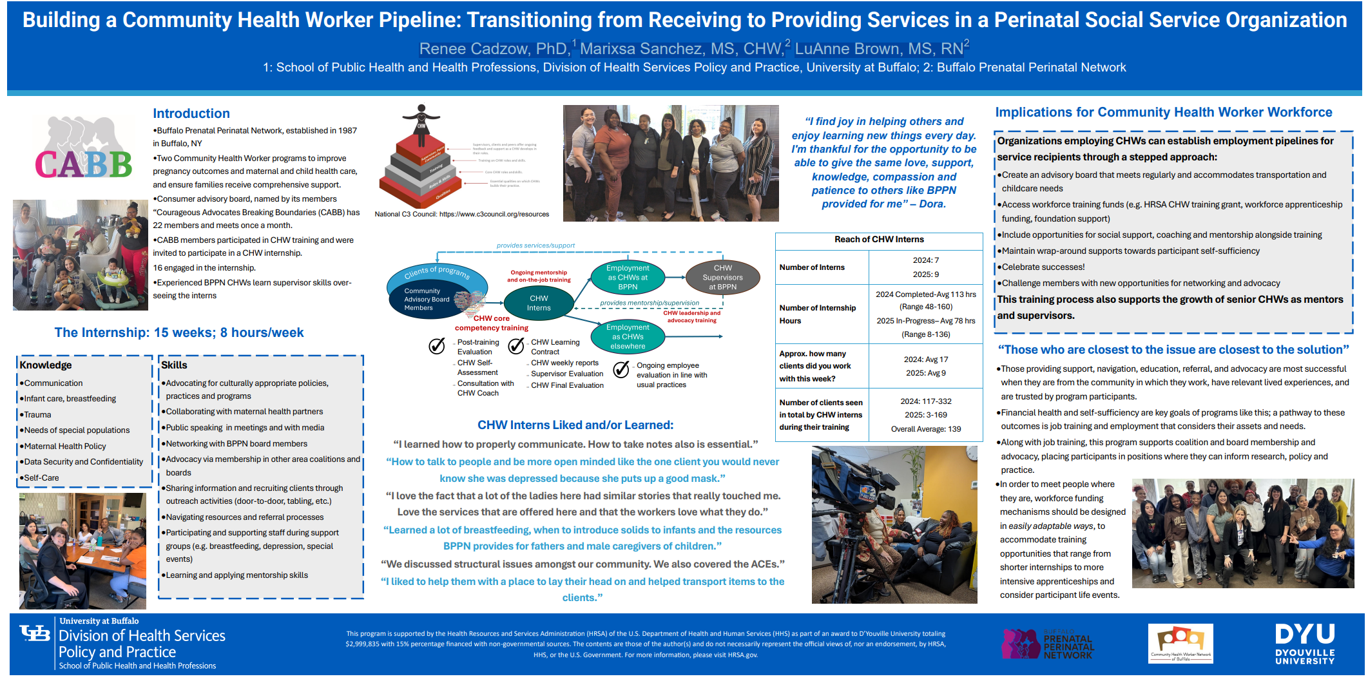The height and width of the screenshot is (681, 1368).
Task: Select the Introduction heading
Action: (191, 113)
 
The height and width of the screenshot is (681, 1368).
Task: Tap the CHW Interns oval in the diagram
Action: (539, 303)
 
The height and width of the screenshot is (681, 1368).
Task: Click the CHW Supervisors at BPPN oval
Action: (722, 277)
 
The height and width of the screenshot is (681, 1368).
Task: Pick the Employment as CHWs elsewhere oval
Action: (628, 336)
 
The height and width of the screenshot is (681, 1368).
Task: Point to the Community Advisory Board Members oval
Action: (427, 300)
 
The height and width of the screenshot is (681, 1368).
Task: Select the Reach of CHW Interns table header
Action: (879, 240)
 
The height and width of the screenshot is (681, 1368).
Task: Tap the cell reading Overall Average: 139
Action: (925, 429)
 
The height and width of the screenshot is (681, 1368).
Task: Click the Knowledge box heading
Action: (46, 365)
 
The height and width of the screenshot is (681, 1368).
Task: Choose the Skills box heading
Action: (174, 365)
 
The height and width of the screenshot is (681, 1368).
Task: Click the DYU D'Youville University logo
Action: (1304, 644)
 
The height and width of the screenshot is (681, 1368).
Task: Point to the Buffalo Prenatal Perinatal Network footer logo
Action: (1048, 644)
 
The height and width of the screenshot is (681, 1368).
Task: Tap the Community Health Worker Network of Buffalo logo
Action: (1180, 644)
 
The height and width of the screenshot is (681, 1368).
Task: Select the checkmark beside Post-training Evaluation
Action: (437, 346)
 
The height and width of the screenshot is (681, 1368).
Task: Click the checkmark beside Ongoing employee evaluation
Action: (621, 369)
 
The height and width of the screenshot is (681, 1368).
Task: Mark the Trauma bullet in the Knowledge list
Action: (37, 415)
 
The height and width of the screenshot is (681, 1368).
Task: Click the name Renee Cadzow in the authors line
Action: (492, 49)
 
